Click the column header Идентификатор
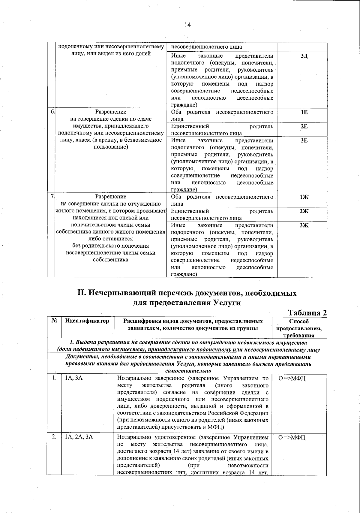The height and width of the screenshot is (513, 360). click(x=87, y=321)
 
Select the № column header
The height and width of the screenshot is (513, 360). click(x=54, y=321)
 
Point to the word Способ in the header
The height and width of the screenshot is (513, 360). click(x=299, y=321)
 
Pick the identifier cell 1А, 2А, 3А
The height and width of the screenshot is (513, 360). click(x=79, y=437)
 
